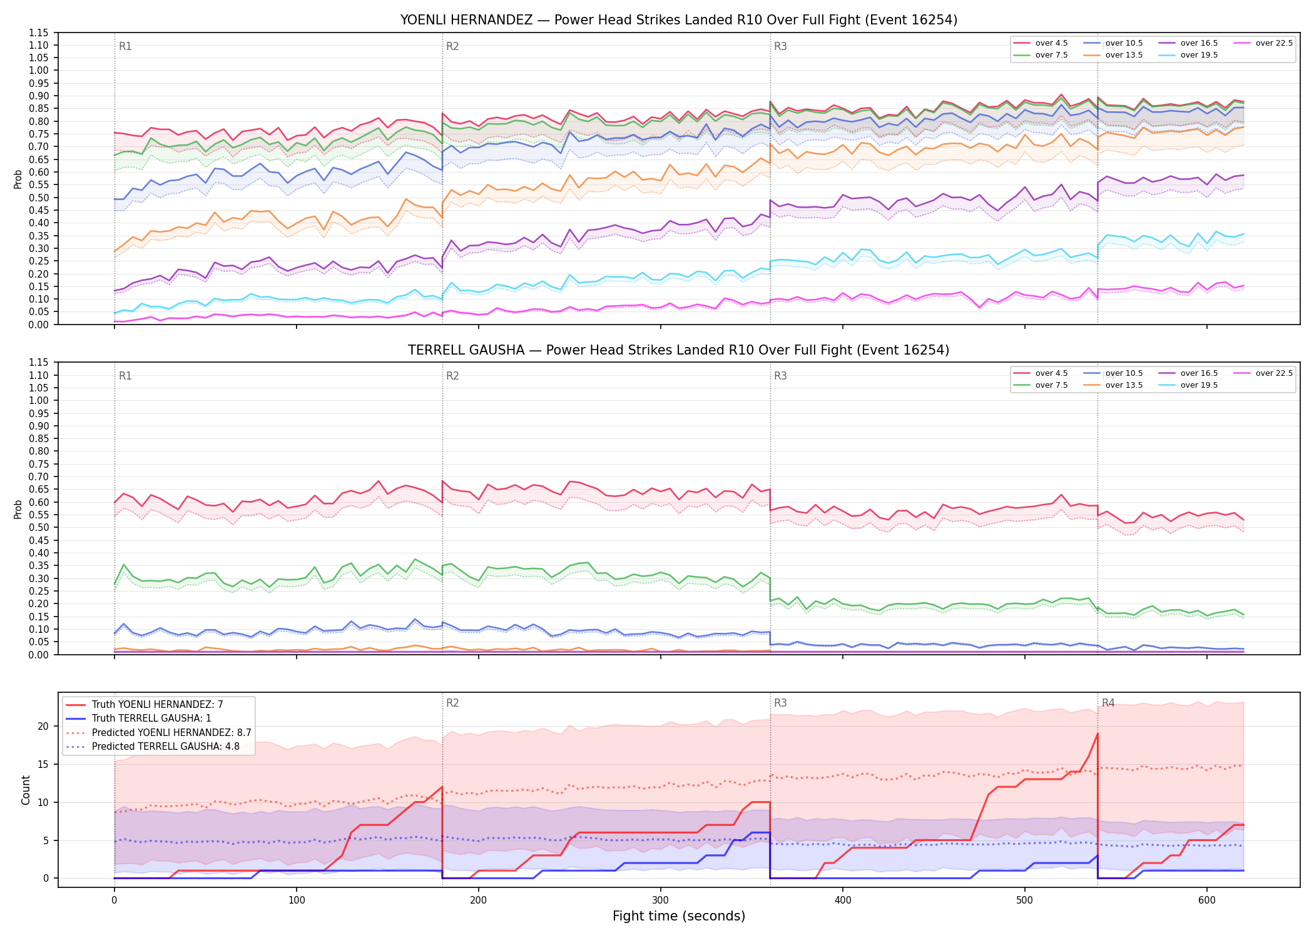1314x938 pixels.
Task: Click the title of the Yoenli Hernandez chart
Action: tap(679, 20)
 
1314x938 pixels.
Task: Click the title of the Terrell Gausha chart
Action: tap(679, 350)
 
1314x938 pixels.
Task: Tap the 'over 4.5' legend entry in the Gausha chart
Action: tap(1041, 373)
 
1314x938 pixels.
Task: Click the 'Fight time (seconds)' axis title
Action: tap(679, 916)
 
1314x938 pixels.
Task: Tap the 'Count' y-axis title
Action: tap(26, 790)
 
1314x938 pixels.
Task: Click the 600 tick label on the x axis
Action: tap(1206, 900)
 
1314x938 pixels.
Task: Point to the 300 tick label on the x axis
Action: tap(660, 900)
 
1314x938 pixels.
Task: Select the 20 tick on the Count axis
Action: tap(43, 726)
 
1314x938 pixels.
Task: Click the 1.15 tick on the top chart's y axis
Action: tap(38, 33)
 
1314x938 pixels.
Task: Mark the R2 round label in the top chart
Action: tap(452, 46)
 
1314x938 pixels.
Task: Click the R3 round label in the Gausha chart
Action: tap(780, 376)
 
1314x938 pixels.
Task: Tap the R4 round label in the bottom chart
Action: tap(1108, 703)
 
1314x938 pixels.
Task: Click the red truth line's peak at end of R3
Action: tap(1098, 734)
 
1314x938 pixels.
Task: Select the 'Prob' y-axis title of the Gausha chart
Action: tap(18, 509)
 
